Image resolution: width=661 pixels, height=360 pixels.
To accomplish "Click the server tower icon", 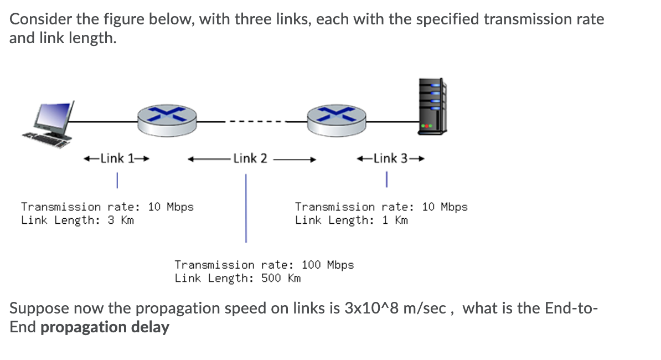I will pos(432,105).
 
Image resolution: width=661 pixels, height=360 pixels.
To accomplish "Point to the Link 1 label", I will pos(116,158).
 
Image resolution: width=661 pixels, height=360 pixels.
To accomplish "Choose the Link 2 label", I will pos(250,158).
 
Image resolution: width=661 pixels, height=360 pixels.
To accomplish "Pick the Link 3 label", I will pos(390,158).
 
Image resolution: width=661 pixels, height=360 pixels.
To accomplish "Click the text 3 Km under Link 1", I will pos(120,220).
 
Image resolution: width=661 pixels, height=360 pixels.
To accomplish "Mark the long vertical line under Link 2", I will pos(246,208).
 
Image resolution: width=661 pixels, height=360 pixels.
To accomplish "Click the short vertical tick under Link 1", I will pos(117,179).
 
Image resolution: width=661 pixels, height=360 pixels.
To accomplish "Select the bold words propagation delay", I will pos(105,327).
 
